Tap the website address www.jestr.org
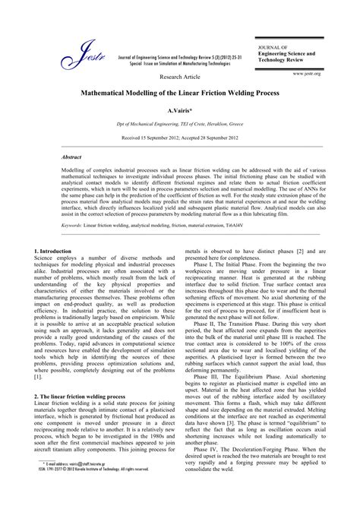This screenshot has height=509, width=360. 306,73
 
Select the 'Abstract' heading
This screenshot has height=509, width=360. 74,156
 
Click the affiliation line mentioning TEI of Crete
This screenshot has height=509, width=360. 181,123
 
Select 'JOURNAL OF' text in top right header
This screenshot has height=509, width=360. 273,46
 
